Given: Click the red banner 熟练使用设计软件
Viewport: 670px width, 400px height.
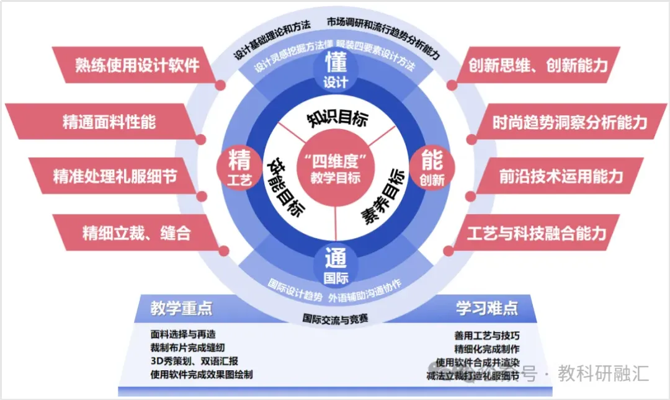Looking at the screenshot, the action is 136,64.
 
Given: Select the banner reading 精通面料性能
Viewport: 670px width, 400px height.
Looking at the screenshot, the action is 109,122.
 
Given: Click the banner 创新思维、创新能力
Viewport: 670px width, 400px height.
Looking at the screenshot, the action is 537,64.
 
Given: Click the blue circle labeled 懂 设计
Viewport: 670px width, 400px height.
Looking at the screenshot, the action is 336,70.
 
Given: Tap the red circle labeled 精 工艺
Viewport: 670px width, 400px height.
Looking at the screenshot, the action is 239,168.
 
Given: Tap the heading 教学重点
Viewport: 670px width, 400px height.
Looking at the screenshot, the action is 181,308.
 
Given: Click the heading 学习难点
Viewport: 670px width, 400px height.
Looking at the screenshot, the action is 487,308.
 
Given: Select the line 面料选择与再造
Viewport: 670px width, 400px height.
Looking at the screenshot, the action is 183,334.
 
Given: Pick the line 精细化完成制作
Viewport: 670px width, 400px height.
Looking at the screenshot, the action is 487,349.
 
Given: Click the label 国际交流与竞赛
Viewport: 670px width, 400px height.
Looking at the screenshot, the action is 336,319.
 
